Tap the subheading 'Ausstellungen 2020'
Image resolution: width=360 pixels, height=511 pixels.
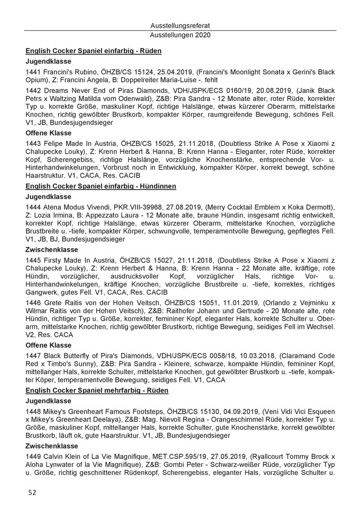[180, 35]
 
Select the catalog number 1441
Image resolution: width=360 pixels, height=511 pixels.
[33, 73]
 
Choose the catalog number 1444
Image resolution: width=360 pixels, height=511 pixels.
[33, 208]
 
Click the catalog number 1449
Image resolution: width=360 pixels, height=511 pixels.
[33, 462]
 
